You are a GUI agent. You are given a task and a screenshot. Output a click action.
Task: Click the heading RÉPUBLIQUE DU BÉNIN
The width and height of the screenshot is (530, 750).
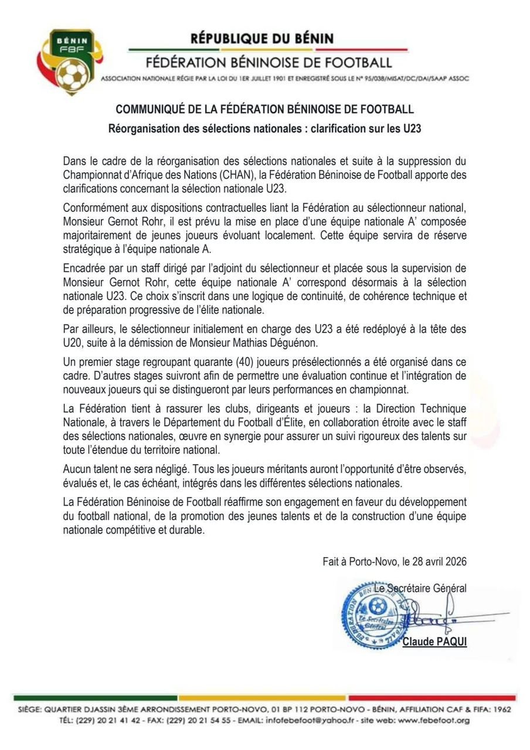[262, 39]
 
